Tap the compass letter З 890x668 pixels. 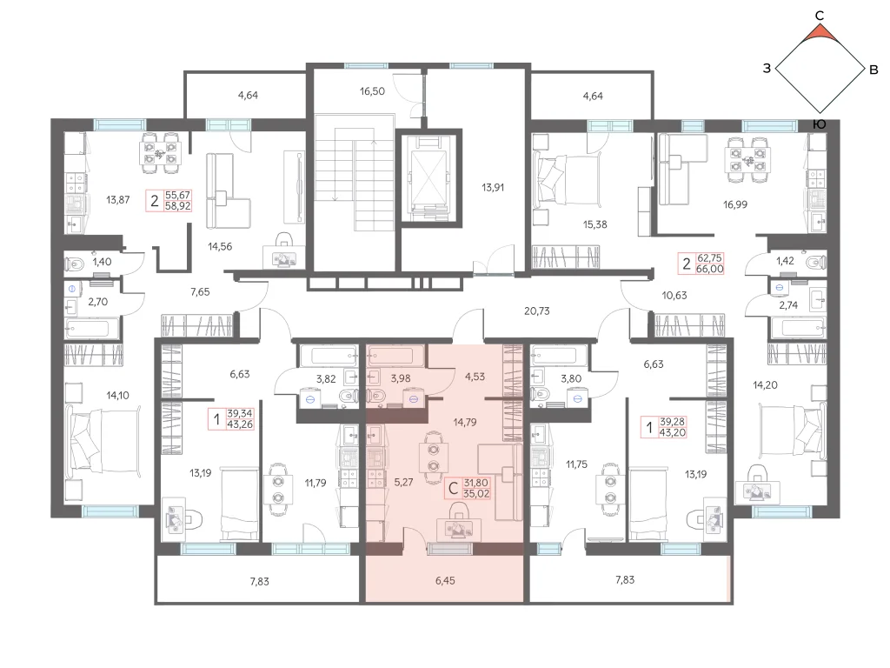767,69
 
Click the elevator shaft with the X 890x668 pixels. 428,177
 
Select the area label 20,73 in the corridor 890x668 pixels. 536,311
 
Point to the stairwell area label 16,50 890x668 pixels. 372,90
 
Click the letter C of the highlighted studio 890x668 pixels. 453,488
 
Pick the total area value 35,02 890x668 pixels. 476,494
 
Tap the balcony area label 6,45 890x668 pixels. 445,580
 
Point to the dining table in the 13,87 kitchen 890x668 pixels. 161,151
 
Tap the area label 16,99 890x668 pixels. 735,204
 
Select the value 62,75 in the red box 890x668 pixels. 709,257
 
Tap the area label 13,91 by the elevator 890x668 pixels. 493,187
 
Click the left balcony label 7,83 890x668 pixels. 259,581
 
